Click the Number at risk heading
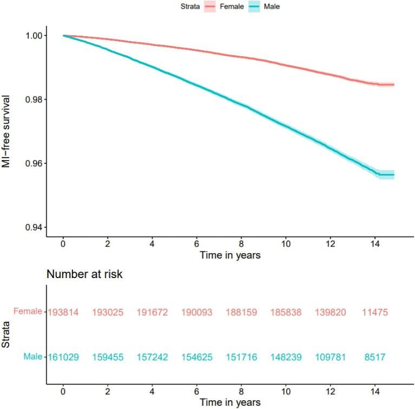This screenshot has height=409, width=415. pyautogui.click(x=84, y=274)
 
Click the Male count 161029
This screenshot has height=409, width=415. pyautogui.click(x=64, y=357)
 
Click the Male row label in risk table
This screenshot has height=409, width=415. pyautogui.click(x=33, y=357)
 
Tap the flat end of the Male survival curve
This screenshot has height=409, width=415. pyautogui.click(x=386, y=174)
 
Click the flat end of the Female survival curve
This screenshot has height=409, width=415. pyautogui.click(x=386, y=85)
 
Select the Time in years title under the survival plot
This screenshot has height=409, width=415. pyautogui.click(x=230, y=255)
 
